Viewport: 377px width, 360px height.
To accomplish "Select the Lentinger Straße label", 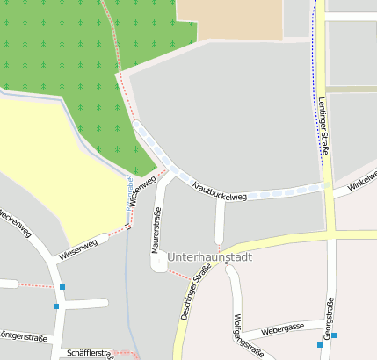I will coord(323,127).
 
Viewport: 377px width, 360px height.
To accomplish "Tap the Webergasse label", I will coord(282,327).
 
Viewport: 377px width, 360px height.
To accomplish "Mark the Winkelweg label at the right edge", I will coord(361,181).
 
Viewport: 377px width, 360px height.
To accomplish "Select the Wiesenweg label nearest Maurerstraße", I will coord(141,191).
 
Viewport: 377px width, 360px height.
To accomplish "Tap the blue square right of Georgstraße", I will coord(334,335).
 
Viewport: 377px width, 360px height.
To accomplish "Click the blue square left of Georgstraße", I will coord(320,345).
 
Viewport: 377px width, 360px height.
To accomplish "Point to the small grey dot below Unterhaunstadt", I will coord(226,263).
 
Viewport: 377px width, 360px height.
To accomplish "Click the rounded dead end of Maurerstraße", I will coord(158,263).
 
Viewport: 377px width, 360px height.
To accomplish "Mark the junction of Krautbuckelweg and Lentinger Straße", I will coord(327,186).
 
